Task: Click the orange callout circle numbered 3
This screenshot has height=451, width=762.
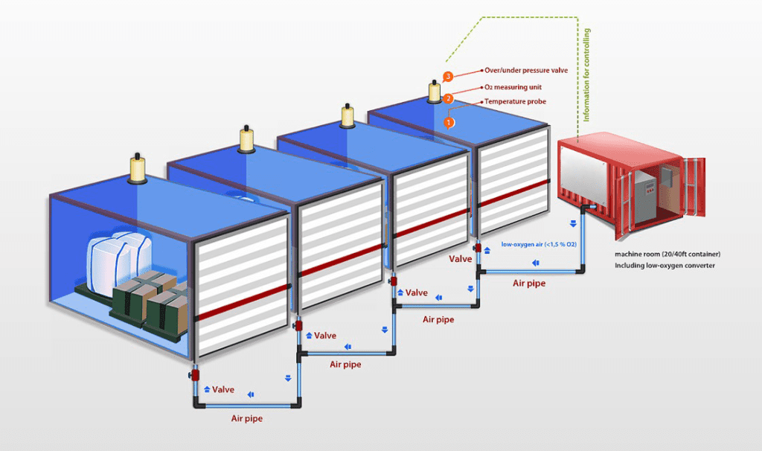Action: pyautogui.click(x=447, y=77)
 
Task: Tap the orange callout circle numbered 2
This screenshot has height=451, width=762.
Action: pyautogui.click(x=448, y=98)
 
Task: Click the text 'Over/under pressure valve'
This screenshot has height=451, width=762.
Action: pyautogui.click(x=525, y=70)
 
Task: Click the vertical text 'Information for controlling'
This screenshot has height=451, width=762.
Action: pyautogui.click(x=586, y=75)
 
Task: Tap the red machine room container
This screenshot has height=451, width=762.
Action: pyautogui.click(x=618, y=182)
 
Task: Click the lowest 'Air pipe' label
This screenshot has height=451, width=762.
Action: pyautogui.click(x=245, y=418)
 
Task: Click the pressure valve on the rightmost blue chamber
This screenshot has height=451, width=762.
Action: pyautogui.click(x=433, y=93)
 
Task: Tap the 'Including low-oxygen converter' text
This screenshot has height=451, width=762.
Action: pyautogui.click(x=665, y=265)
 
